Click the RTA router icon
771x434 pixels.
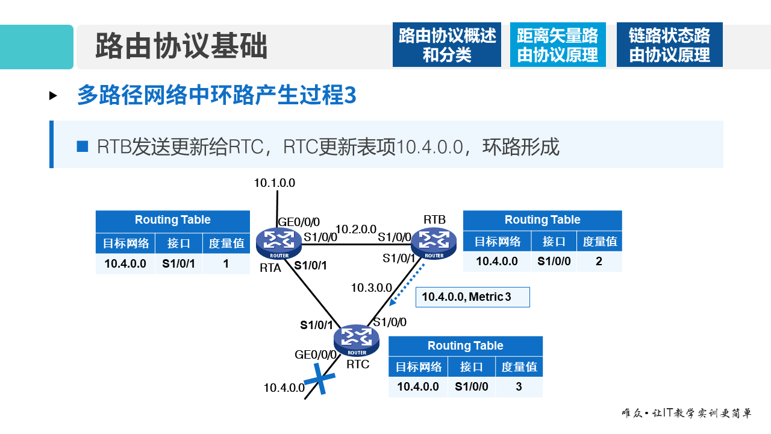pos(278,242)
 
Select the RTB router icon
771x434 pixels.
pos(434,243)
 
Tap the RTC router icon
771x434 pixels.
pos(357,340)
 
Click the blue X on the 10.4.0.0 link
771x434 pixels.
pos(319,382)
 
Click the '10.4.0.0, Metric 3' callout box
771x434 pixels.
pos(472,297)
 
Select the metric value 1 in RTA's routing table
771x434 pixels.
pos(226,263)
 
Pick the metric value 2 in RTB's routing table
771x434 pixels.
pos(599,261)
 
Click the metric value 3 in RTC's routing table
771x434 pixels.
pos(519,387)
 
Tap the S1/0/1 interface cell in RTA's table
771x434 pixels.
pos(178,263)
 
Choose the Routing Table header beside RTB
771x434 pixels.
pos(542,220)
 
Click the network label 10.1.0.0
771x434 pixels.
pos(275,183)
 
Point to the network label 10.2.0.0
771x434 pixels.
pos(355,230)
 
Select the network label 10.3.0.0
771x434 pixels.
pos(372,288)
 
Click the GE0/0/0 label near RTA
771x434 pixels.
pos(299,222)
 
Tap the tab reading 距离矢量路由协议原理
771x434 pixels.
pos(557,45)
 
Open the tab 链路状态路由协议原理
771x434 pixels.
pos(669,45)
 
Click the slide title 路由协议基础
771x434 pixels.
pos(181,46)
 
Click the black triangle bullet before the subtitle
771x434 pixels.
pos(53,95)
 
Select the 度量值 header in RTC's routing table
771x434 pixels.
pos(519,366)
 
